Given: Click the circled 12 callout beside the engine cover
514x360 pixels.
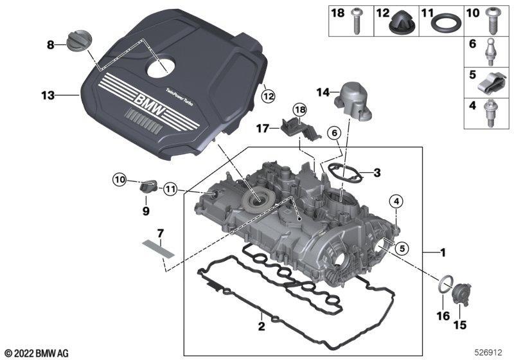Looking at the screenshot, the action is [268, 96].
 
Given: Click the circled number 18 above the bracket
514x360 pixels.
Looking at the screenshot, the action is [299, 109].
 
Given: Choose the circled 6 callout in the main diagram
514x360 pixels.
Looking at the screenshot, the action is [334, 133].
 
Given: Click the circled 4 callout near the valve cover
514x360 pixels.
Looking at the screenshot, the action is [396, 202].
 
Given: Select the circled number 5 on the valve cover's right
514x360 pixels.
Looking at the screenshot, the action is [402, 248].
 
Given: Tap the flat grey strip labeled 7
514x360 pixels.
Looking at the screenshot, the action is [158, 249].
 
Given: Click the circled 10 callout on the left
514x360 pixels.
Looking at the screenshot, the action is [120, 179].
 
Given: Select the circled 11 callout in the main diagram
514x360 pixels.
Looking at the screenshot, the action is [170, 189].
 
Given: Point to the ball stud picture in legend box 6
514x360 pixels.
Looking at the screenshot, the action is [489, 52].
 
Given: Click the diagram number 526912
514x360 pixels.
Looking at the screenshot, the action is [489, 353].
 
